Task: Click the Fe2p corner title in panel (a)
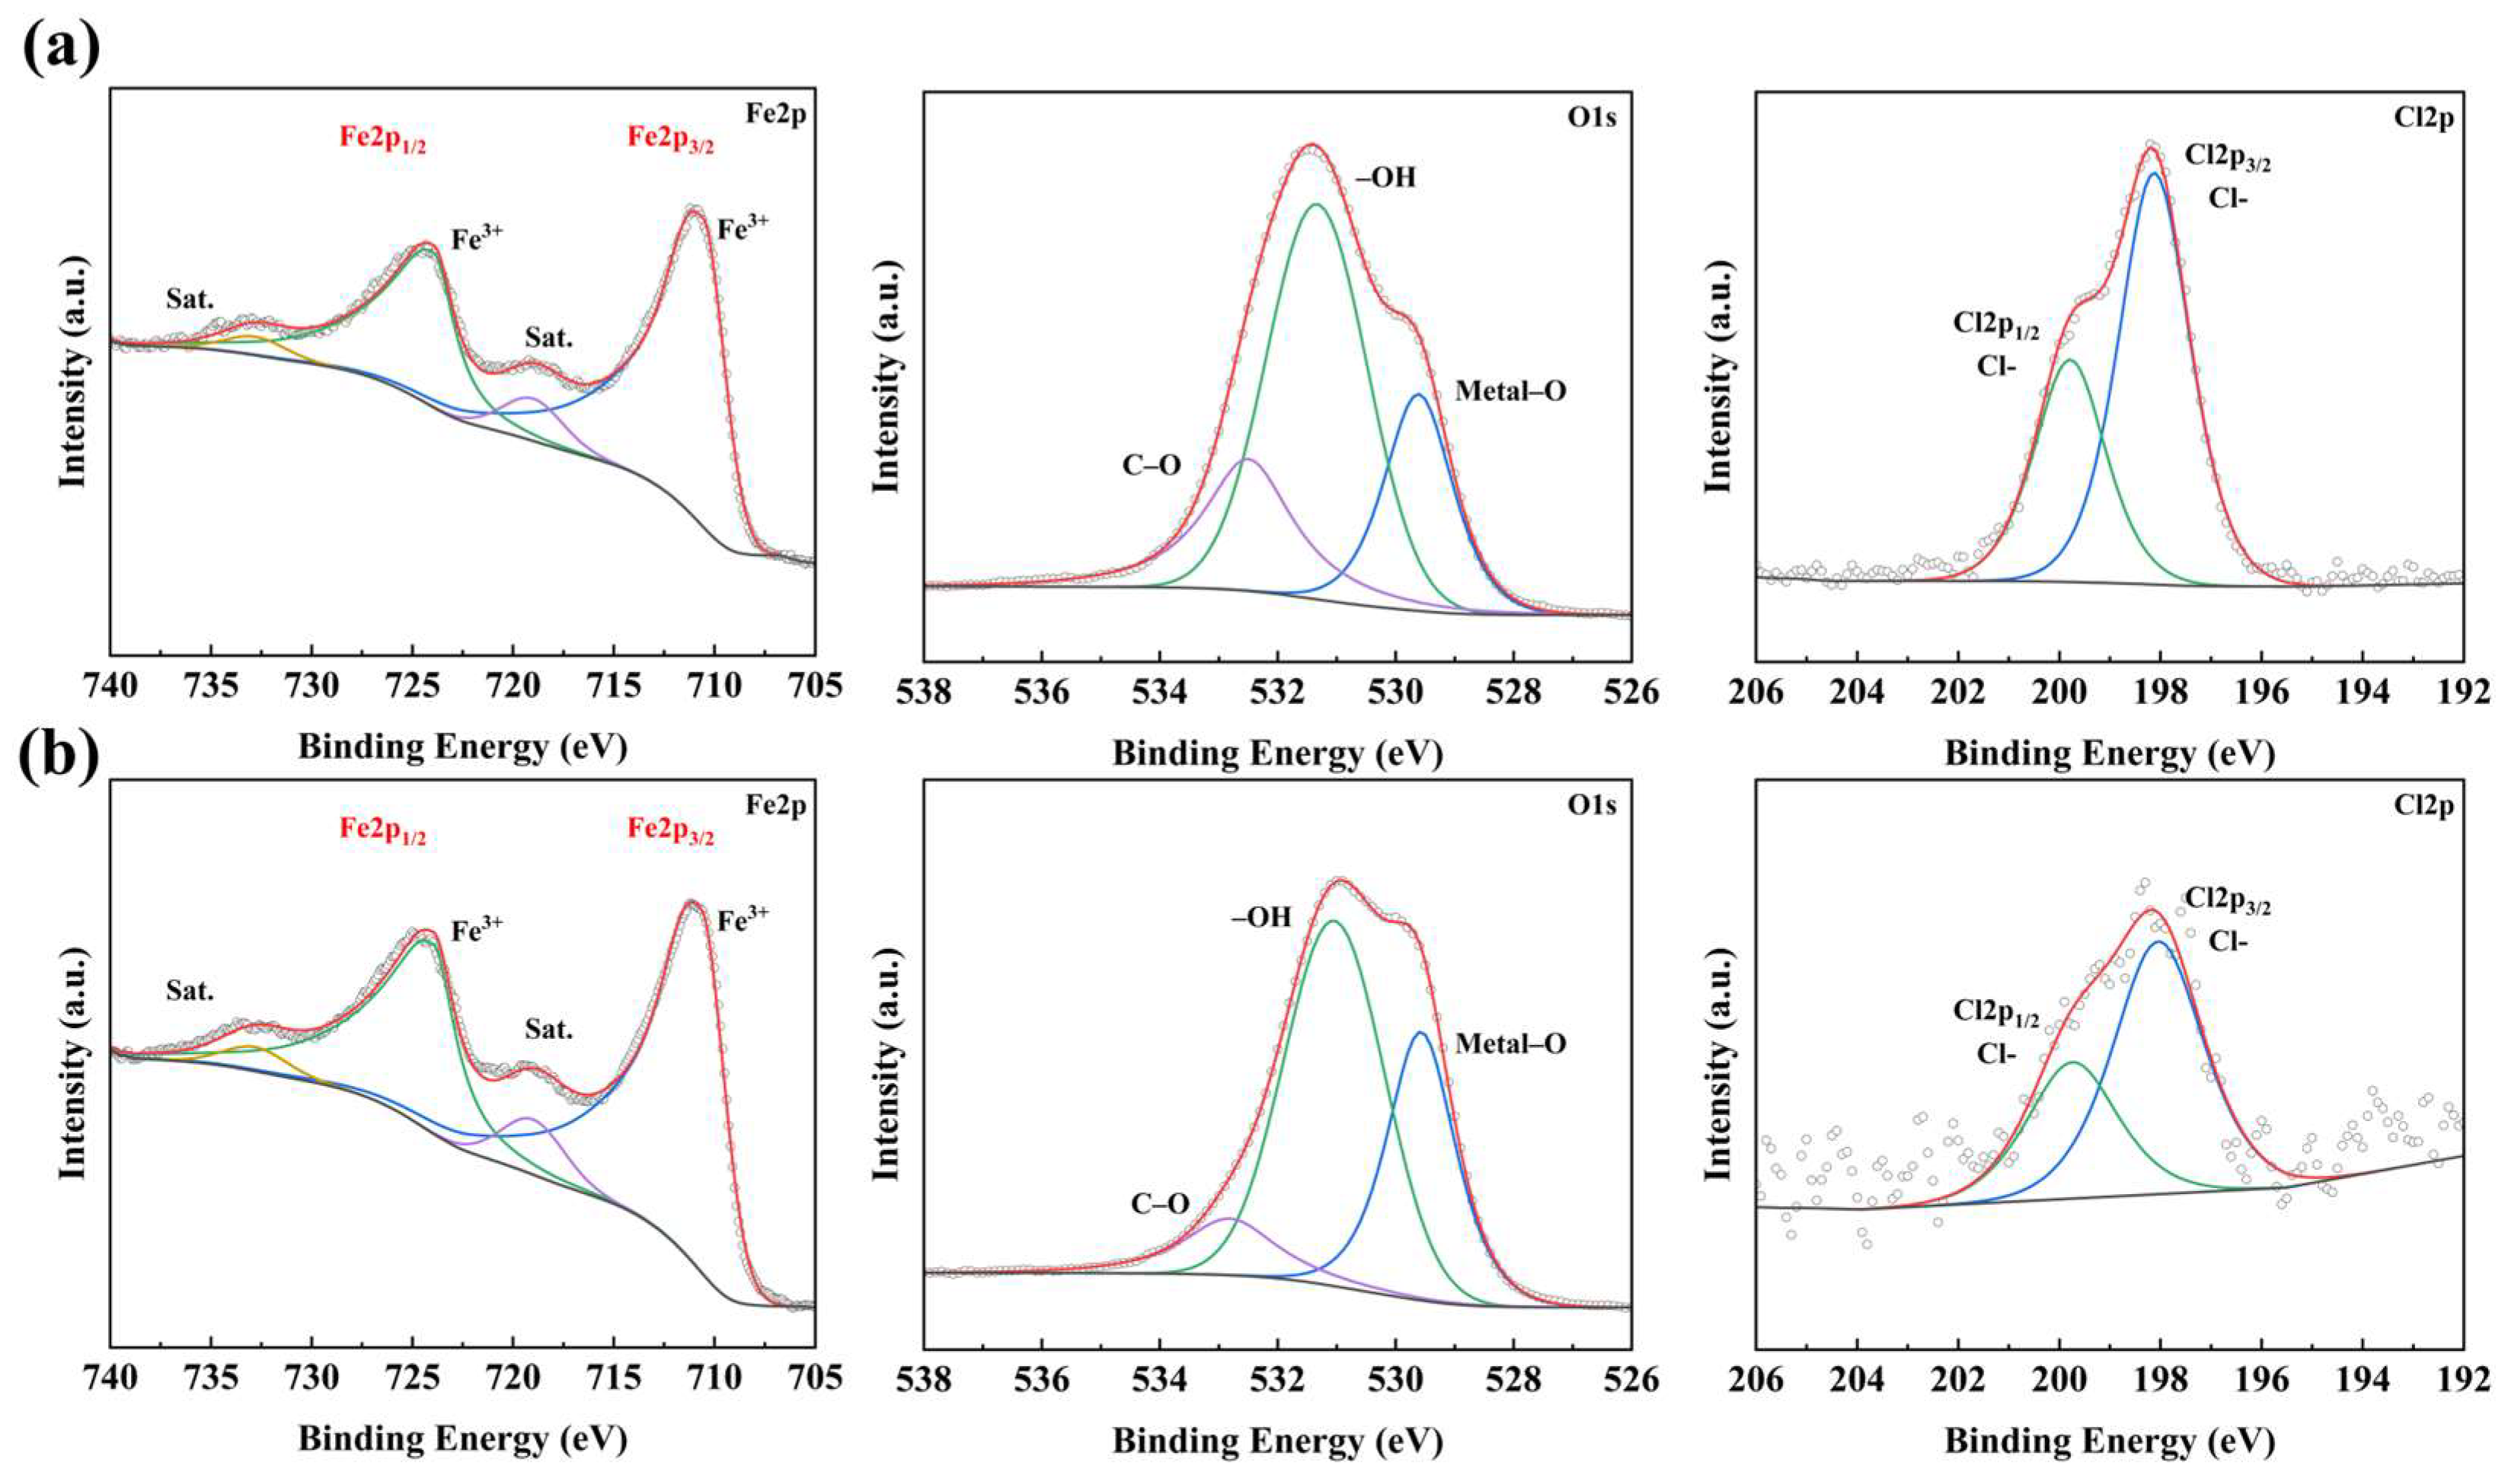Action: click(x=777, y=113)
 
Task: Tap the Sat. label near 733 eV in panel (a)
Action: click(x=190, y=299)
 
